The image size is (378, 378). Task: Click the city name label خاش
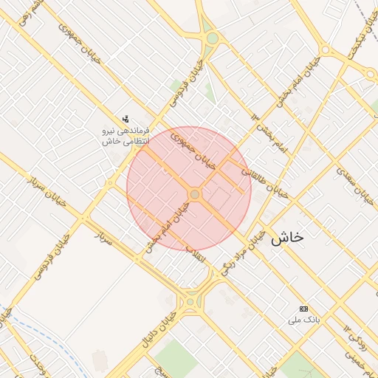[x=287, y=238]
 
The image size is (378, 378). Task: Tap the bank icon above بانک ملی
[x=303, y=308]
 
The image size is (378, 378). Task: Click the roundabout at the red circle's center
[x=195, y=194]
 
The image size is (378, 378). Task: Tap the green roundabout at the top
[x=213, y=38]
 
